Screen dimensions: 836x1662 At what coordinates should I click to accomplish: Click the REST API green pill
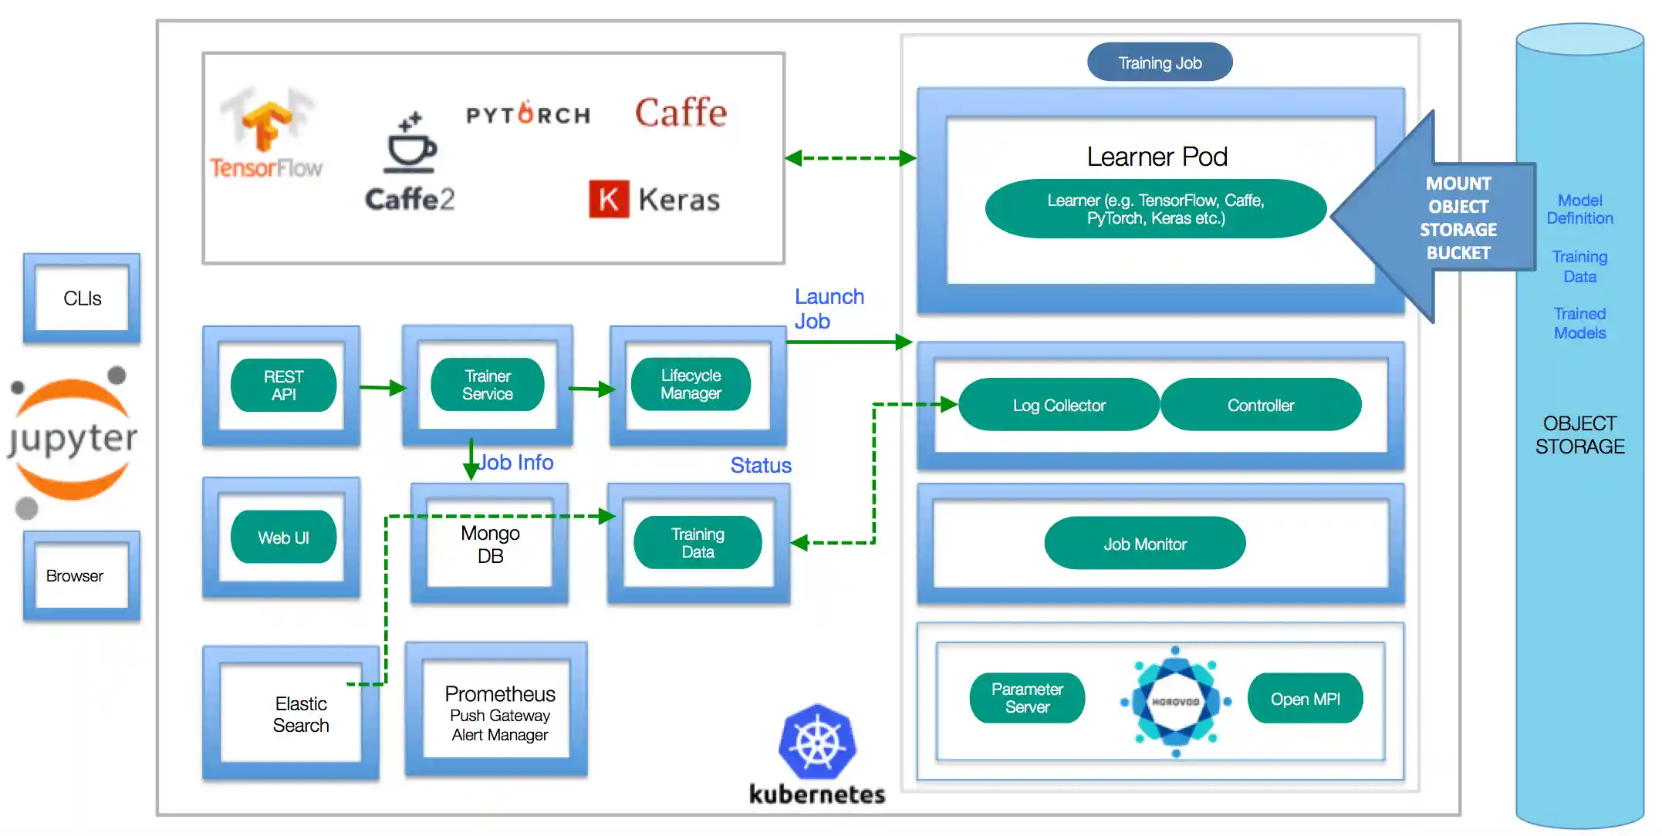(x=283, y=385)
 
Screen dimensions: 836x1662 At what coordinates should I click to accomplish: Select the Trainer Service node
(x=487, y=385)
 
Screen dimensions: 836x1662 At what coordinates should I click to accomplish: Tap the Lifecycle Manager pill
(x=691, y=384)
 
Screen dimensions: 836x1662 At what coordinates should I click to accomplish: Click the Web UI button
(x=283, y=538)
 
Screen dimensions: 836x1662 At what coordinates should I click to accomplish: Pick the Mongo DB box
(x=490, y=544)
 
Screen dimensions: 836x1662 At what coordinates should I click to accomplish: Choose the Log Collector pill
(x=1059, y=405)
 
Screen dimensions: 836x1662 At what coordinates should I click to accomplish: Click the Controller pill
(x=1261, y=405)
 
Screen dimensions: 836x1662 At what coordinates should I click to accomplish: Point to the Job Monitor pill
(x=1144, y=544)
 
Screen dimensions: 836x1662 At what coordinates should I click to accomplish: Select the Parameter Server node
(x=1027, y=698)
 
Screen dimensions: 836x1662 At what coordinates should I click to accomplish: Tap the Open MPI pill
(x=1305, y=699)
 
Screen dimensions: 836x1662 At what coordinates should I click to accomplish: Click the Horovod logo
(x=1175, y=701)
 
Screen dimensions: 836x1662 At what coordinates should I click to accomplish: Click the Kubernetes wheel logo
(x=818, y=742)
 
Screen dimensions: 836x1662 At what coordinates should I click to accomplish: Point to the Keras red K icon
(x=609, y=199)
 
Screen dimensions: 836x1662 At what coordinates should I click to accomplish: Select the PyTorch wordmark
(x=529, y=115)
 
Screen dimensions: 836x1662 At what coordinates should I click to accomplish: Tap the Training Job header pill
(x=1160, y=62)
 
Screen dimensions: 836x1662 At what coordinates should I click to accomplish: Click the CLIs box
(x=82, y=298)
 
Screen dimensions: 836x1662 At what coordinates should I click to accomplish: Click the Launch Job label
(x=829, y=308)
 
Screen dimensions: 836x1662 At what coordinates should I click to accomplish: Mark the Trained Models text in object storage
(x=1579, y=323)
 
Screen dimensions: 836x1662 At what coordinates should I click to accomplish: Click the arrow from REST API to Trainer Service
(x=383, y=387)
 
